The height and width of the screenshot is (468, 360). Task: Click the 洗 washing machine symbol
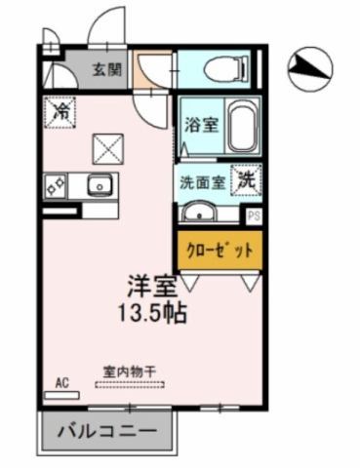pyautogui.click(x=248, y=180)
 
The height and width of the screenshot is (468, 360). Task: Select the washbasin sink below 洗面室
pyautogui.click(x=201, y=213)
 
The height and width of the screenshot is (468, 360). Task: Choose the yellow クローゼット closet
pyautogui.click(x=220, y=250)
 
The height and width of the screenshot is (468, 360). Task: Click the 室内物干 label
pyautogui.click(x=130, y=370)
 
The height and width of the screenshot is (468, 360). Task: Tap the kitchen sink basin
pyautogui.click(x=98, y=185)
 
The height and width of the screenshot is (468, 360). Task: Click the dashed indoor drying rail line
pyautogui.click(x=131, y=385)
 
